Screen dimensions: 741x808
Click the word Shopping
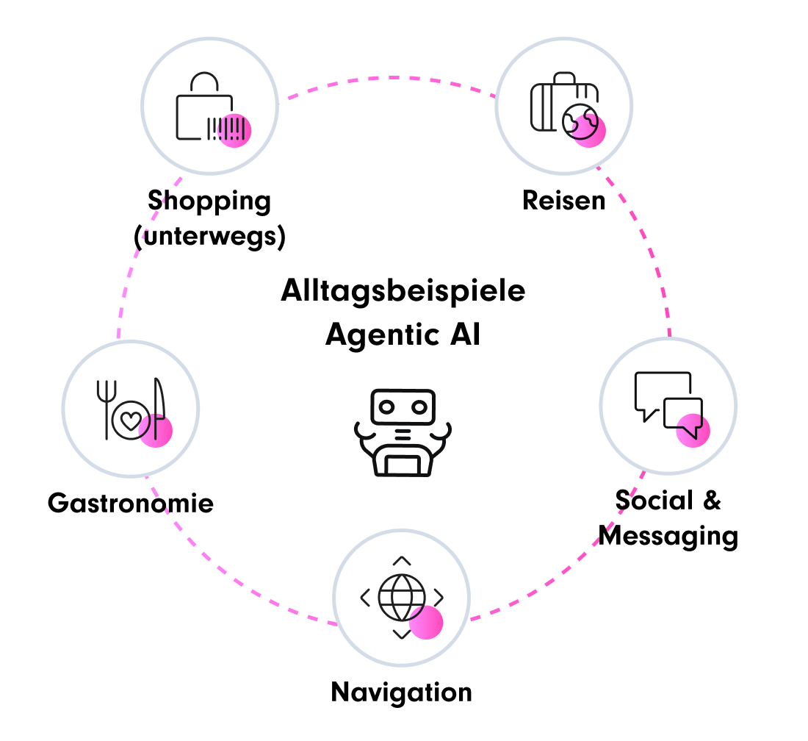tap(209, 201)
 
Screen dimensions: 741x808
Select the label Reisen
tap(563, 200)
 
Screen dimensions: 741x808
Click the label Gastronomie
tap(131, 504)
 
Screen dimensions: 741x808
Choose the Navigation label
tap(401, 692)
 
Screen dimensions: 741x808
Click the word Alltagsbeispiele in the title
tap(403, 291)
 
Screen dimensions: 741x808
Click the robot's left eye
tap(386, 406)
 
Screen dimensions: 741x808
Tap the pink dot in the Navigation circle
tap(426, 623)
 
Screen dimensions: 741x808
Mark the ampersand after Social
tap(711, 501)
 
